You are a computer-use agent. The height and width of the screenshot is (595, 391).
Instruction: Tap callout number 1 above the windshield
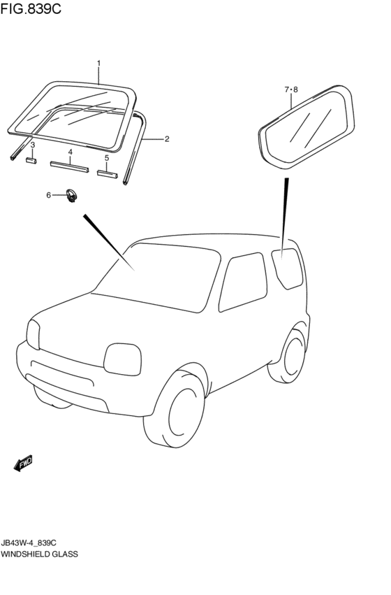pyautogui.click(x=98, y=64)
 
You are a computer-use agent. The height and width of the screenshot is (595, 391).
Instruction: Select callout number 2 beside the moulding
pyautogui.click(x=168, y=139)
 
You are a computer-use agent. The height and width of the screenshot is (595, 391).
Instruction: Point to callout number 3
pyautogui.click(x=32, y=145)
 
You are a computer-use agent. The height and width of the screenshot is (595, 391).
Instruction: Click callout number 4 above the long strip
pyautogui.click(x=70, y=152)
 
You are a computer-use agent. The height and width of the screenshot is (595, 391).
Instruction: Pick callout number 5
pyautogui.click(x=107, y=158)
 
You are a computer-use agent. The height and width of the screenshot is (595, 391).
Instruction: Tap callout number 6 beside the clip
pyautogui.click(x=49, y=195)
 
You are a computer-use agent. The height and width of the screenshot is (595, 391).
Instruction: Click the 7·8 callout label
pyautogui.click(x=291, y=89)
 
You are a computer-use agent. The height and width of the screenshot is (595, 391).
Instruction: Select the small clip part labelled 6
pyautogui.click(x=71, y=196)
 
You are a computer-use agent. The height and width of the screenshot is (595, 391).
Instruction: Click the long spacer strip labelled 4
pyautogui.click(x=70, y=166)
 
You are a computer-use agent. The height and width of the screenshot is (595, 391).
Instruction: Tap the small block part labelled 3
pyautogui.click(x=31, y=160)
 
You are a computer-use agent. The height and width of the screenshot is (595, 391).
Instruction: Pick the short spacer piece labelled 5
pyautogui.click(x=106, y=173)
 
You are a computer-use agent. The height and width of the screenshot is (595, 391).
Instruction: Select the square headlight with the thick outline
pyautogui.click(x=122, y=359)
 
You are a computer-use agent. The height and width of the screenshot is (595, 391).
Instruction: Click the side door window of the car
pyautogui.click(x=243, y=281)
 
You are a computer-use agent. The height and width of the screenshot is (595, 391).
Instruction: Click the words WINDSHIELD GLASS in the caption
pyautogui.click(x=40, y=554)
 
